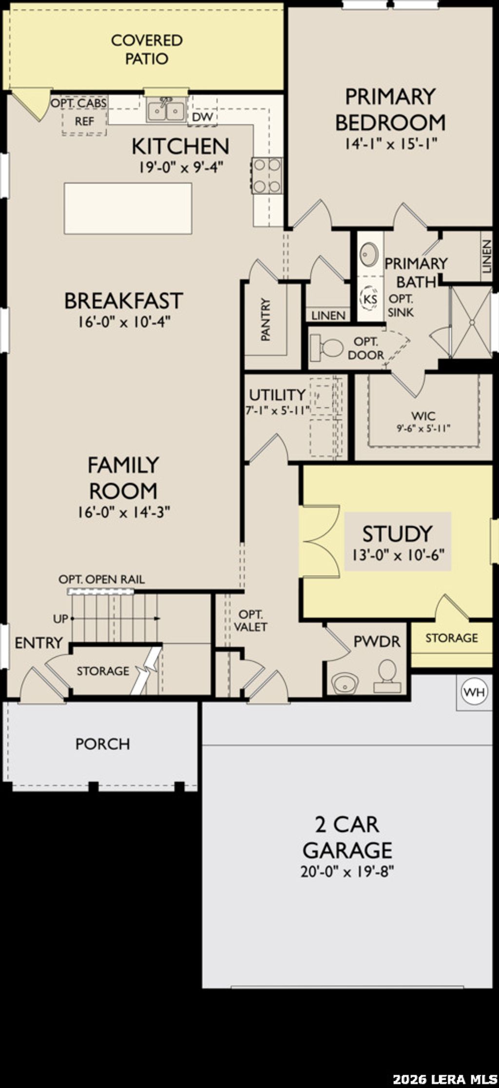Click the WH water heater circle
(x=475, y=692)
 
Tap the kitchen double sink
(x=166, y=110)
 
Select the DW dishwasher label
(x=202, y=117)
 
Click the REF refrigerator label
(x=84, y=121)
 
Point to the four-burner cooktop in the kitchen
(x=267, y=176)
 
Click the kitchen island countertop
(x=128, y=208)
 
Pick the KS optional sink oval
(x=370, y=299)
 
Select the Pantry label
(x=266, y=320)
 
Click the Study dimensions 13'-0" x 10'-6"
(x=398, y=555)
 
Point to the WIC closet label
(x=423, y=416)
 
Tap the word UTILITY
(x=277, y=394)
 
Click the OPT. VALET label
(x=250, y=620)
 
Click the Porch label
(x=103, y=744)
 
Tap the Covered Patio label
(x=147, y=49)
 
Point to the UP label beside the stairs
(x=60, y=619)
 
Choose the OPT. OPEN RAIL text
(x=101, y=579)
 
